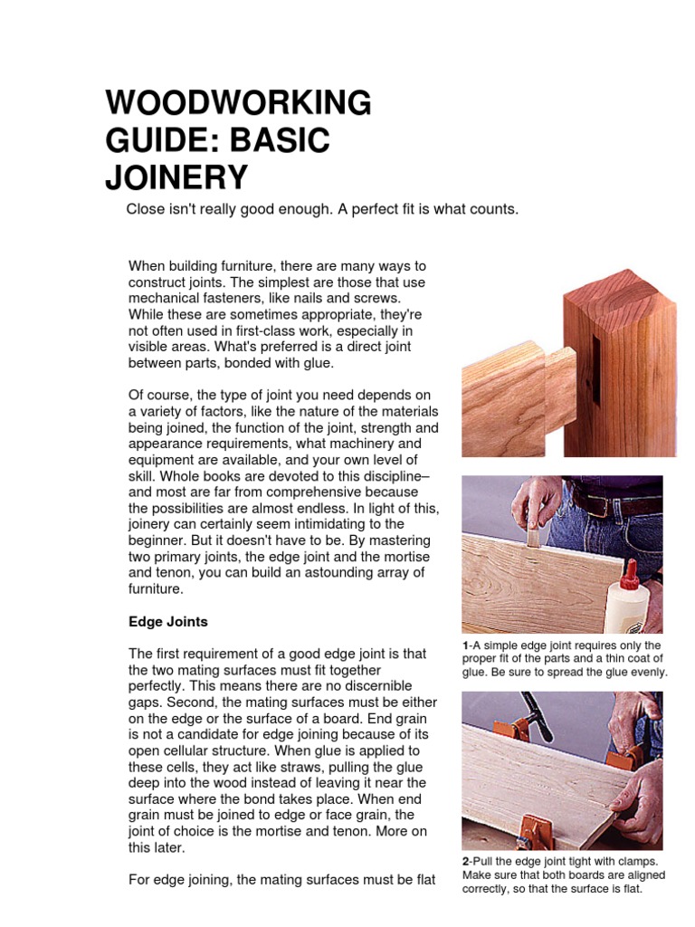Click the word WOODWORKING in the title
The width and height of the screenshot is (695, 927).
click(238, 103)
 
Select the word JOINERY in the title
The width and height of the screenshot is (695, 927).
click(176, 177)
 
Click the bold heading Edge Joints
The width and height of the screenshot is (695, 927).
click(168, 622)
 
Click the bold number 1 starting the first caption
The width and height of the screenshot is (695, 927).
click(465, 645)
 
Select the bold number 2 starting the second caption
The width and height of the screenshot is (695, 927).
click(465, 861)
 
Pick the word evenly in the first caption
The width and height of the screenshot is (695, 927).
click(646, 672)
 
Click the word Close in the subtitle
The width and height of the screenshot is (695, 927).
click(145, 209)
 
